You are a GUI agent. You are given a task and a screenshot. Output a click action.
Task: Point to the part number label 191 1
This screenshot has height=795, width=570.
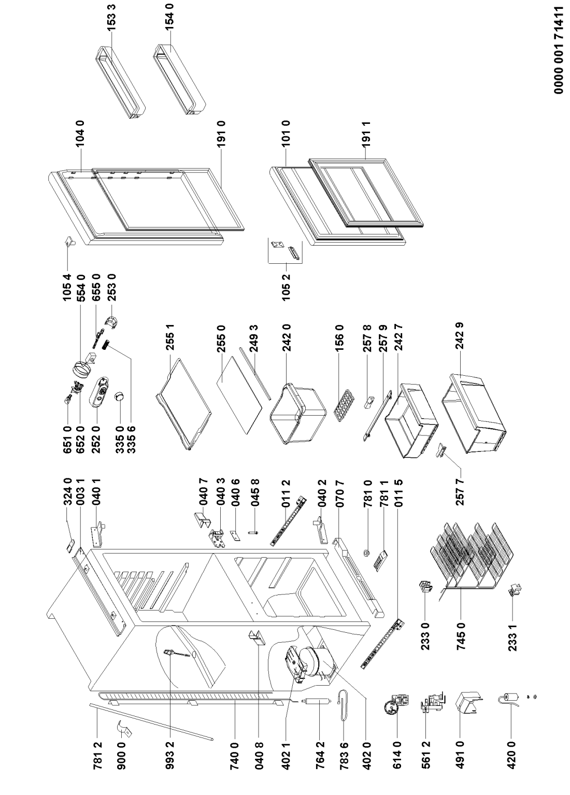coord(367,134)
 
